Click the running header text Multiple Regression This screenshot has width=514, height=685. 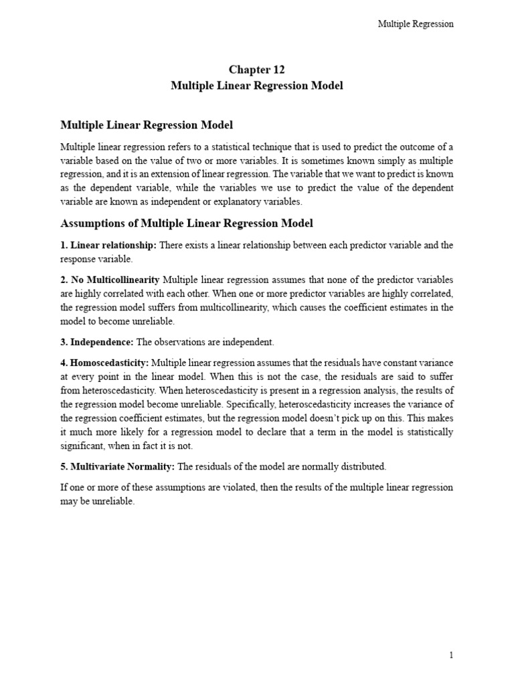tap(416, 24)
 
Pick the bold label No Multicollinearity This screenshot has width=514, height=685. tap(110, 279)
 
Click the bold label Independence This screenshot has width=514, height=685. tap(97, 342)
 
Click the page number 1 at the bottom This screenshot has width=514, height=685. tap(452, 656)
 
